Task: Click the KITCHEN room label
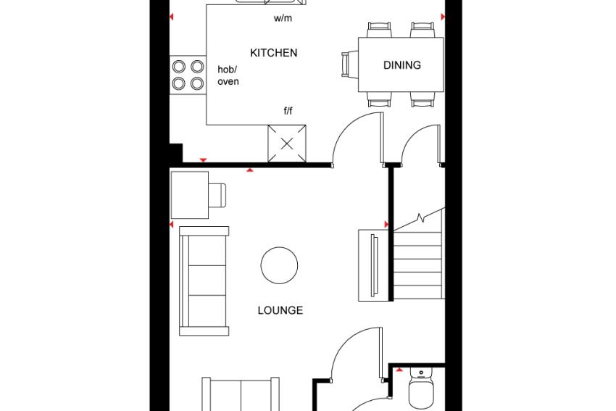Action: point(273,53)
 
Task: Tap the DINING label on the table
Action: point(402,65)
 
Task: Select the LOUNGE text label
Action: point(280,310)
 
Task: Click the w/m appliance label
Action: point(283,18)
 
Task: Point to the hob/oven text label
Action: point(228,75)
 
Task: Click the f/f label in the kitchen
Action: point(288,111)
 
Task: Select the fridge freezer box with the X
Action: point(287,144)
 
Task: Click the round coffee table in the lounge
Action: point(279,265)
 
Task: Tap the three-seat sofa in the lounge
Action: point(204,281)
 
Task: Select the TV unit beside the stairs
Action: point(373,265)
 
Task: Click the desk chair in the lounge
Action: point(217,195)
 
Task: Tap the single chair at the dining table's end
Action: point(349,65)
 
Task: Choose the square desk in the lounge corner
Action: point(190,195)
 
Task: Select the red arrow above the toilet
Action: point(399,370)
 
